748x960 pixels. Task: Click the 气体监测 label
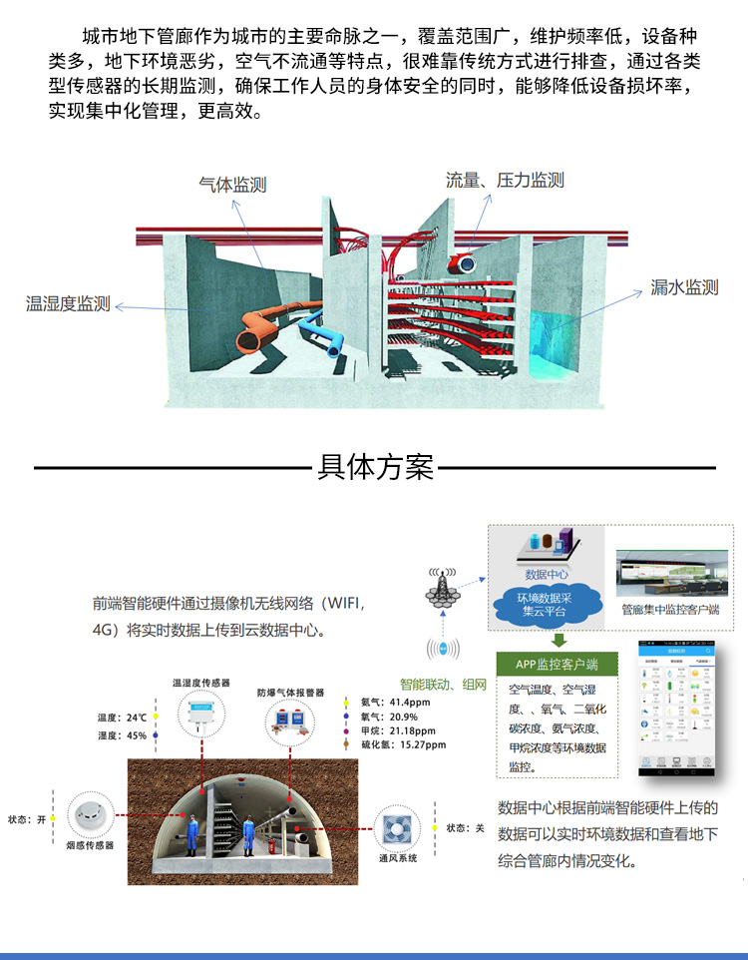pos(232,185)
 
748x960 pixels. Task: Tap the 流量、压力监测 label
pos(505,180)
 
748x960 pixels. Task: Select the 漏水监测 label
pos(684,287)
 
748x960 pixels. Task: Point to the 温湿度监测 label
pos(68,303)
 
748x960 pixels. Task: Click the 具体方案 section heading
pos(375,467)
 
